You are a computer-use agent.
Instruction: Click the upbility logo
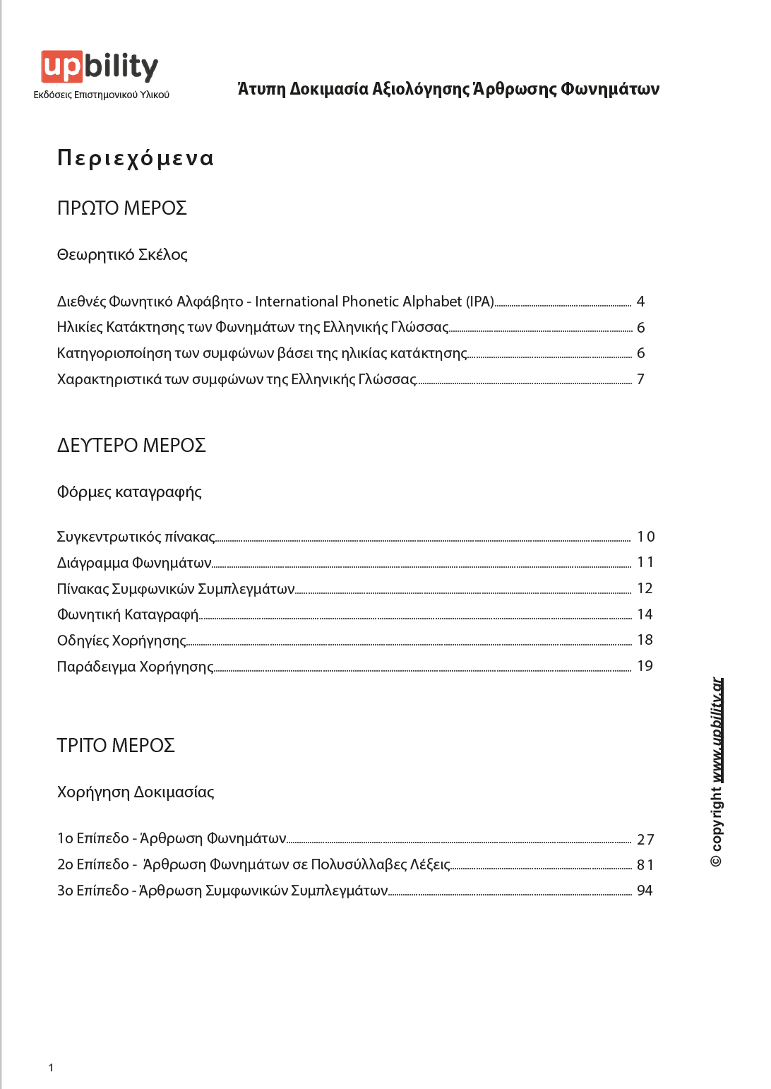[100, 68]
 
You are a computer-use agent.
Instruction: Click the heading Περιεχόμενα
[135, 157]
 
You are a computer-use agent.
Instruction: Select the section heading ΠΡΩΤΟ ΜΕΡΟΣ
[121, 208]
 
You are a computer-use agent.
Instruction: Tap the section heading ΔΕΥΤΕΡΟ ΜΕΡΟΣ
[131, 446]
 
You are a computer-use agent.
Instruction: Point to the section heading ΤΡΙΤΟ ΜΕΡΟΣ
[116, 746]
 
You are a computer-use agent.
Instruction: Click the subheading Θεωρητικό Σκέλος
[122, 255]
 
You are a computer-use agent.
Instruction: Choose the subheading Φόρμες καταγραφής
[129, 492]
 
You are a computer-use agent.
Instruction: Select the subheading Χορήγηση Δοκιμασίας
[136, 792]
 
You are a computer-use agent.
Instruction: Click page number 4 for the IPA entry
[640, 302]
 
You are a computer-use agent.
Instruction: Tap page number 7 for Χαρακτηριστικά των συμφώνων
[640, 379]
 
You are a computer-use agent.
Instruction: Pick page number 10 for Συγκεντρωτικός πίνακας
[645, 537]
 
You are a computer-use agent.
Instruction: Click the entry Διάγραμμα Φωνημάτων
[134, 563]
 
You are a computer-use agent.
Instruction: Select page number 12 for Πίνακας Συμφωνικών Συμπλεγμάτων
[645, 588]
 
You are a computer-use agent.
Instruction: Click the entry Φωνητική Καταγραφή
[128, 614]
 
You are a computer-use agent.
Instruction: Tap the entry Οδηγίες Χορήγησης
[121, 641]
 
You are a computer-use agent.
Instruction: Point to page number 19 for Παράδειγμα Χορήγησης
[645, 666]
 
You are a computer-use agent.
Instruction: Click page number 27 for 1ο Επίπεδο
[645, 839]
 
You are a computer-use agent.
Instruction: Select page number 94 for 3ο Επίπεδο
[645, 891]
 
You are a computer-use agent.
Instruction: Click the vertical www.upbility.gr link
[717, 730]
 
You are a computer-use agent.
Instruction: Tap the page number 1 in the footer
[51, 1067]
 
